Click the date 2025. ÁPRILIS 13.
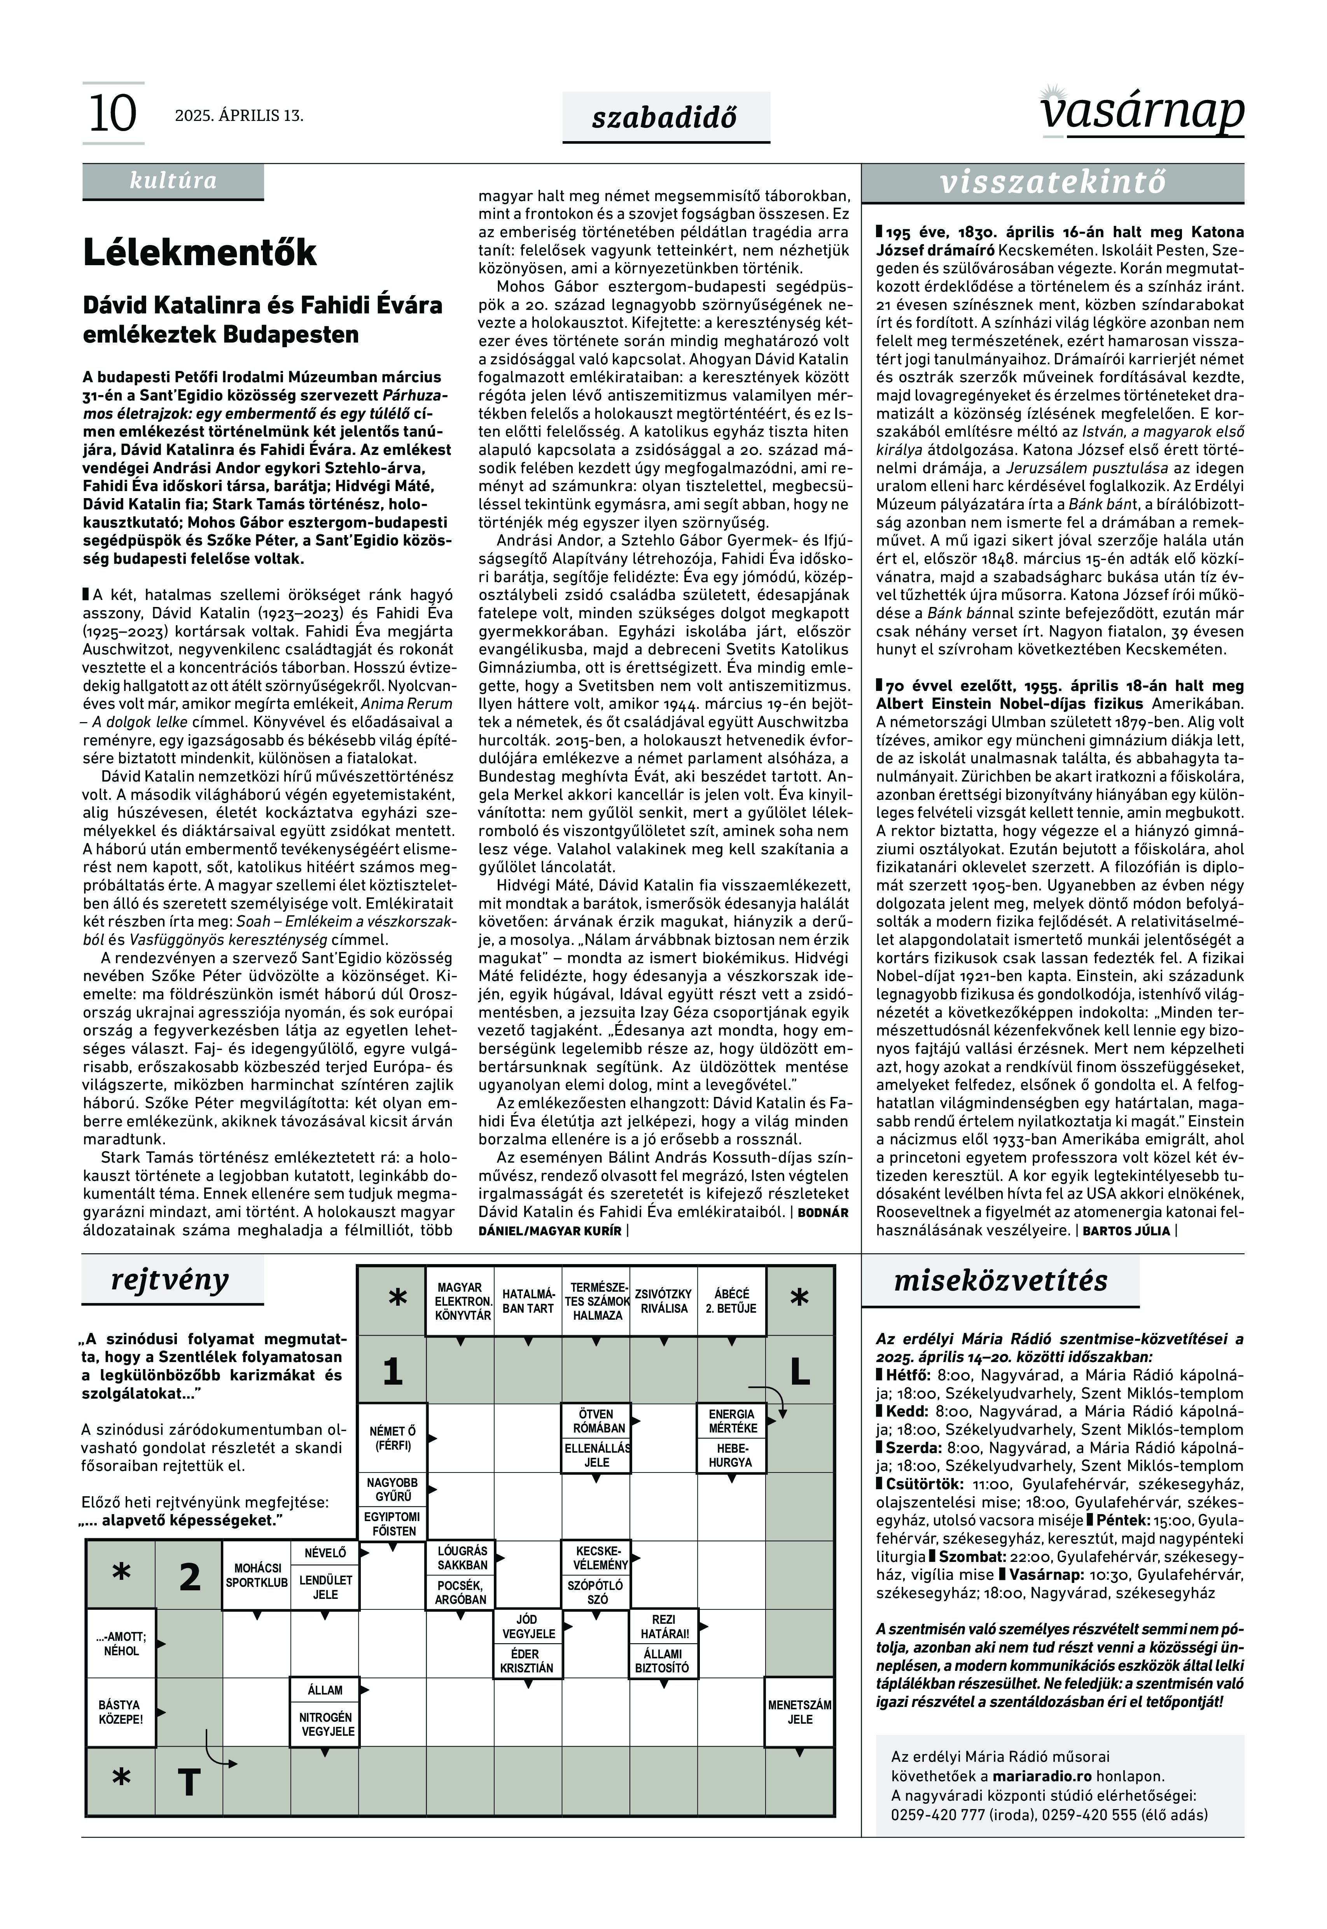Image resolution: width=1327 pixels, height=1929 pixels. [239, 115]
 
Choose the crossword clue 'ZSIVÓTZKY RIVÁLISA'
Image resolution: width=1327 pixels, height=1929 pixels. [663, 1301]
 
